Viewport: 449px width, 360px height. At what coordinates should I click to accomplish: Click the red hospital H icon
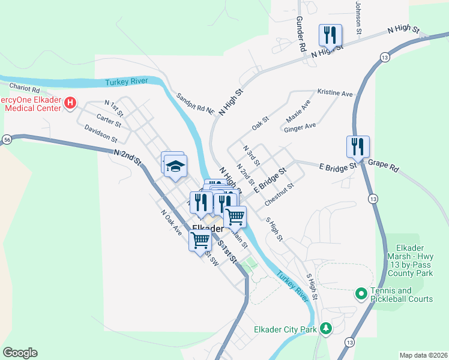[70, 103]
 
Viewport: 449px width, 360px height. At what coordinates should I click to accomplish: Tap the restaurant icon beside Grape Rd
[357, 146]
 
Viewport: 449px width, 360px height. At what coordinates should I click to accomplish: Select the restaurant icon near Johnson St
[330, 35]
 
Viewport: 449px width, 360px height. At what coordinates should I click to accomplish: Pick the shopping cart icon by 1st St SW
[200, 240]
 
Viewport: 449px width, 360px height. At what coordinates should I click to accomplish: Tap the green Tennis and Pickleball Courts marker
[361, 294]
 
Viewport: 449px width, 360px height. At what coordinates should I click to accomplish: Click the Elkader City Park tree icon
[326, 328]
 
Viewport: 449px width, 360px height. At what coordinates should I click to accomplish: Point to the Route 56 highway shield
[7, 139]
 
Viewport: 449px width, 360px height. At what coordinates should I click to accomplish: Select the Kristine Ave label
[334, 94]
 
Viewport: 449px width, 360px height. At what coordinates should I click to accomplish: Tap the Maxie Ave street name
[298, 112]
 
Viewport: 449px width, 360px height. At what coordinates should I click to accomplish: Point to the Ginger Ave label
[300, 127]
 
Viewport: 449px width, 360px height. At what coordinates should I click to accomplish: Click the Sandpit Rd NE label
[195, 103]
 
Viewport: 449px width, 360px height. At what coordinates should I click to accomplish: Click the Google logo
[20, 353]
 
